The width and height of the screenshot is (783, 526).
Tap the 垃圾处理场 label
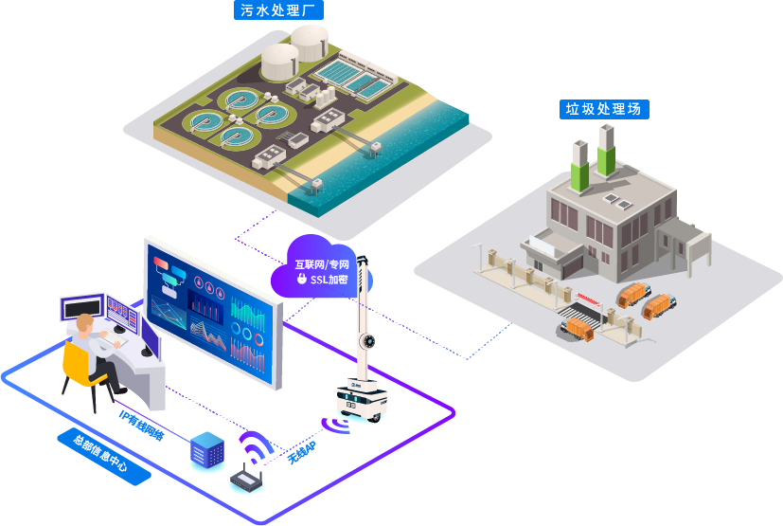coord(603,109)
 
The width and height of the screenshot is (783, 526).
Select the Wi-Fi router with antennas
coord(247,481)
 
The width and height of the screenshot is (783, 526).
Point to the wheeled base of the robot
coord(362,399)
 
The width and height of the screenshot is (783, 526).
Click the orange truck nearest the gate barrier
coord(578,328)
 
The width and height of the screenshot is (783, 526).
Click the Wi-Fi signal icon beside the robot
coord(334,422)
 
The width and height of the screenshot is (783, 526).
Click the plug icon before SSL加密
coord(301,281)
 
